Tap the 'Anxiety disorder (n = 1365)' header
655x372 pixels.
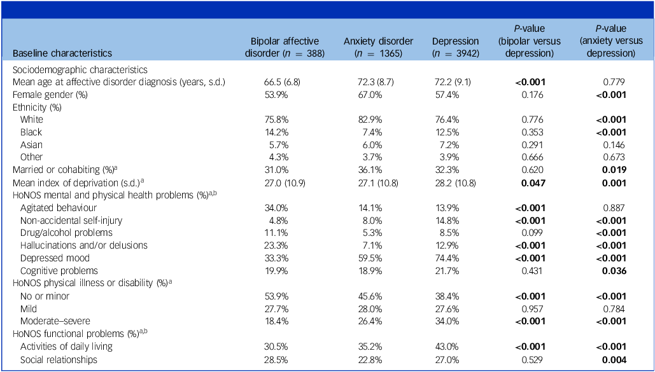coord(379,48)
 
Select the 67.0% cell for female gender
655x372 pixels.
coord(366,94)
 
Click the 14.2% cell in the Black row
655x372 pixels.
coord(271,132)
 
